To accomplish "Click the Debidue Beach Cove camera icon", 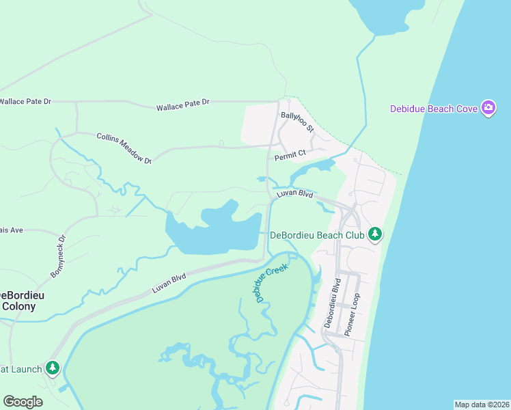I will point(488,108).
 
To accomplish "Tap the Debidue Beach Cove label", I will point(434,109).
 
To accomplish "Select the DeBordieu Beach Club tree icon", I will point(374,235).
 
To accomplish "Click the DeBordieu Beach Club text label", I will point(317,235).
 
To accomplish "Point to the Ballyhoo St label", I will point(297,121).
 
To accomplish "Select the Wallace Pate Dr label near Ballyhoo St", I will point(182,105).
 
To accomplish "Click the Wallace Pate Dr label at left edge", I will point(25,102).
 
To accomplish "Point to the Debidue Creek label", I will point(271,281).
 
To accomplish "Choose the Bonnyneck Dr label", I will point(57,257).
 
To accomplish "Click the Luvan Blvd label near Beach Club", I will point(294,195).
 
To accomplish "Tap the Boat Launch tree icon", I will point(53,368).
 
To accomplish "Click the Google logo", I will point(23,402).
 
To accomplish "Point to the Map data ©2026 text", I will point(482,405).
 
